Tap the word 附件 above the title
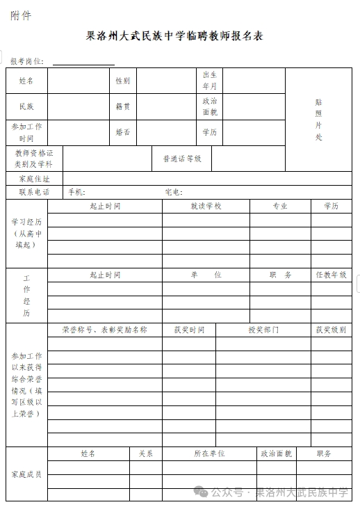click(x=20, y=15)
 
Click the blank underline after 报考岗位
click(x=83, y=62)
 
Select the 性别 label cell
click(x=123, y=81)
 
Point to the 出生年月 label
click(x=209, y=81)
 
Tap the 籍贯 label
click(x=123, y=106)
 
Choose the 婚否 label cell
click(x=123, y=132)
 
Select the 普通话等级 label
click(x=182, y=159)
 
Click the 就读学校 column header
click(x=206, y=207)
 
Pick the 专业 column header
click(x=279, y=207)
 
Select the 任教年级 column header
click(x=331, y=275)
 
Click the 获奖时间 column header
click(x=189, y=330)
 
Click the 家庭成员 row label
click(x=26, y=474)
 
